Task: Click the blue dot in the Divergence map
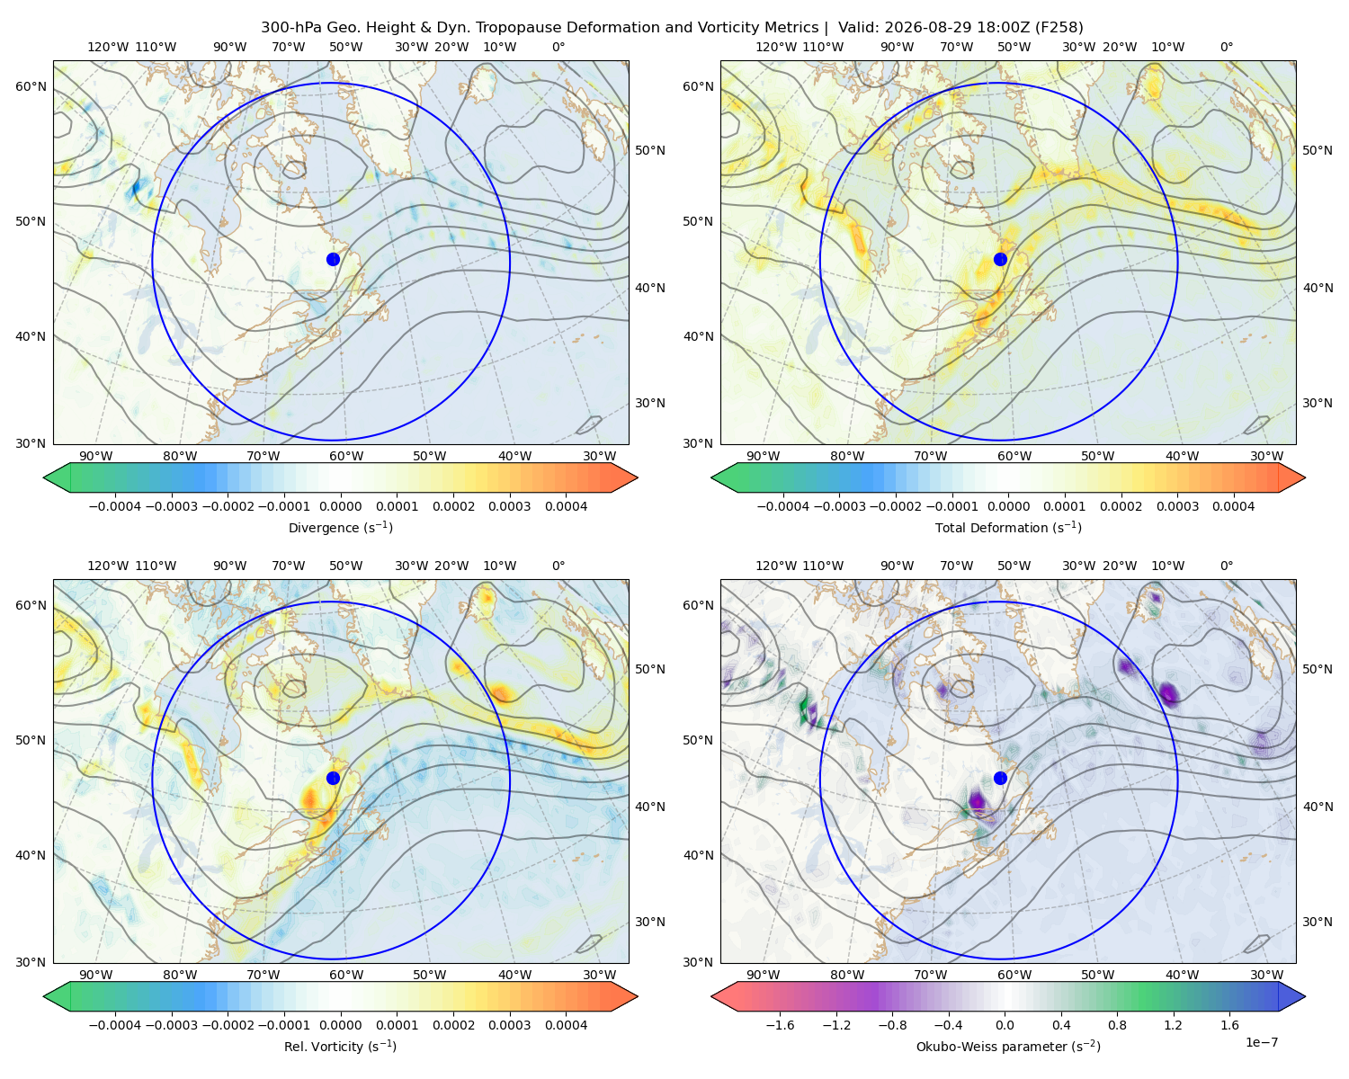pyautogui.click(x=333, y=259)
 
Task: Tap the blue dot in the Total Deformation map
pyautogui.click(x=1000, y=259)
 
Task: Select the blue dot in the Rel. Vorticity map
pyautogui.click(x=333, y=778)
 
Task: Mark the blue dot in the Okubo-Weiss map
pyautogui.click(x=1000, y=778)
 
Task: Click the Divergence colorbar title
pyautogui.click(x=340, y=527)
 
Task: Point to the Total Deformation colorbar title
pyautogui.click(x=1008, y=527)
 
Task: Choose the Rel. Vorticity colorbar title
pyautogui.click(x=340, y=1046)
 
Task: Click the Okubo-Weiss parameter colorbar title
pyautogui.click(x=1008, y=1046)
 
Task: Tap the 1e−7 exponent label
pyautogui.click(x=1261, y=1042)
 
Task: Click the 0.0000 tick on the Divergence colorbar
pyautogui.click(x=340, y=506)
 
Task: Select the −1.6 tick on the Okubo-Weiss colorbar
pyautogui.click(x=780, y=1024)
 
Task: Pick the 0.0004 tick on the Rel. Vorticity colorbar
pyautogui.click(x=566, y=1024)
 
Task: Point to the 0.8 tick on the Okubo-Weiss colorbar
pyautogui.click(x=1117, y=1024)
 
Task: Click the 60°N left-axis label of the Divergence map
pyautogui.click(x=31, y=86)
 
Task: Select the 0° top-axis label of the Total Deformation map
pyautogui.click(x=1226, y=47)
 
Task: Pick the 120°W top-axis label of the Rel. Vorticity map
pyautogui.click(x=108, y=566)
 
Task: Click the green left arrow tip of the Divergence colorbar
pyautogui.click(x=44, y=477)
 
